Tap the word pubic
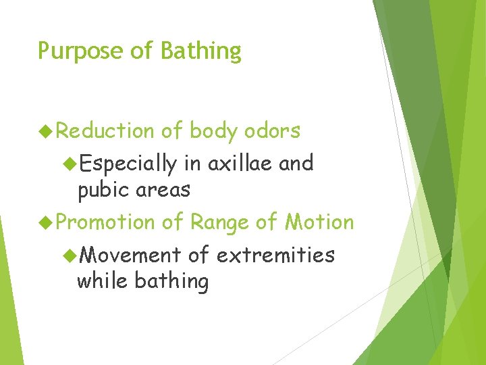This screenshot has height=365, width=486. point(102,191)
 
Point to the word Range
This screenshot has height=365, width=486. point(219,222)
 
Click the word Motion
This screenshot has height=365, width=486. point(319,222)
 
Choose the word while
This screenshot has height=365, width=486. point(103,281)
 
